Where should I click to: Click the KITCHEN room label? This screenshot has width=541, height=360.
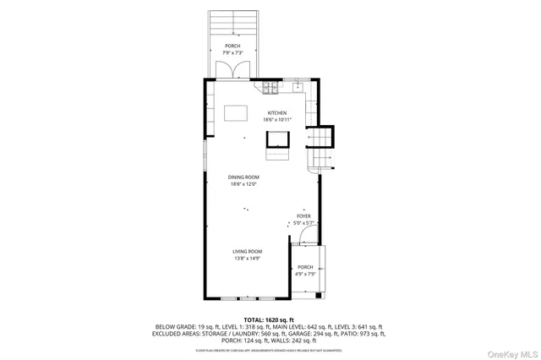[277, 113]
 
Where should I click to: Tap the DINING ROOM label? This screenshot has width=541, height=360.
[243, 177]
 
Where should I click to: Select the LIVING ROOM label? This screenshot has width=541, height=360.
[249, 251]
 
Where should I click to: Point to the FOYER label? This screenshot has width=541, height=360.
[304, 216]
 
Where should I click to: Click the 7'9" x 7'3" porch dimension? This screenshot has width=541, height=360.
[232, 52]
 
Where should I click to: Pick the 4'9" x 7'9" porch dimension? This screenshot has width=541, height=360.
[304, 274]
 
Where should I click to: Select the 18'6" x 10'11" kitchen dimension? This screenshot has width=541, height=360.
[277, 120]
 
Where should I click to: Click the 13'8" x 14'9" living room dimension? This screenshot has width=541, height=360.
[249, 259]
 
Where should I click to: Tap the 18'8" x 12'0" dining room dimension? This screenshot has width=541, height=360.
[243, 183]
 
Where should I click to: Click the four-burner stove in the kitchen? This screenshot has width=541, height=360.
[270, 86]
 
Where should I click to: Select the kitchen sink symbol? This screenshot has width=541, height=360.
[298, 86]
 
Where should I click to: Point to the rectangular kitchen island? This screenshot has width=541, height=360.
[235, 113]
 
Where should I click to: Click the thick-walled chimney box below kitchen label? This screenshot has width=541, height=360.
[278, 139]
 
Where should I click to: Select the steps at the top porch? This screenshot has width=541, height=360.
[232, 22]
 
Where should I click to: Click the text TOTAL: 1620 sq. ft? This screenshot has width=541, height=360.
[270, 319]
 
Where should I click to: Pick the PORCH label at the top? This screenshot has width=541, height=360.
[232, 46]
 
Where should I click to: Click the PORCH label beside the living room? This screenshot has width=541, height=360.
[304, 267]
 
